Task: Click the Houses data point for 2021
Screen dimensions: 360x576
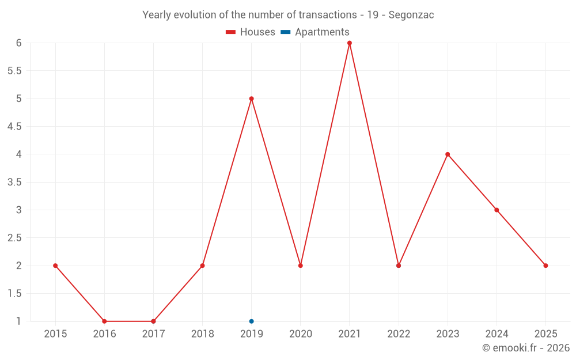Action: tap(350, 43)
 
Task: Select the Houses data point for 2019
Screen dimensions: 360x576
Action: tap(252, 98)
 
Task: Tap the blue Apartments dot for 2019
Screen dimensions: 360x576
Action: tap(252, 321)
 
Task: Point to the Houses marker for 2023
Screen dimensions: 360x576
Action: tap(448, 154)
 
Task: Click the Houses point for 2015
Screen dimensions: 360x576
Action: tap(55, 266)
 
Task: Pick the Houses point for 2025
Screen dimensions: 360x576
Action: tap(545, 266)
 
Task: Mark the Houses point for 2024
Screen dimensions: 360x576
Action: tap(497, 210)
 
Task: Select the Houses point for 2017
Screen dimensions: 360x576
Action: tap(153, 321)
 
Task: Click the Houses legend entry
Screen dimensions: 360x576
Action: tap(251, 32)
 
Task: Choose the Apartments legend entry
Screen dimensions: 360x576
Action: tap(315, 32)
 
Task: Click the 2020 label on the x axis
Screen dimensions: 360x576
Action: tap(301, 334)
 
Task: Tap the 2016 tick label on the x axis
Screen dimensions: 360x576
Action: tap(104, 334)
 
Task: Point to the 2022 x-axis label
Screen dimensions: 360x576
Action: tap(399, 334)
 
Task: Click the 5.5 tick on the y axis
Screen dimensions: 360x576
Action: tap(14, 71)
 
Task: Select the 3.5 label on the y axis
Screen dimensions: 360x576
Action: tap(14, 182)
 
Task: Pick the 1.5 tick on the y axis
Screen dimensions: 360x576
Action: tap(14, 294)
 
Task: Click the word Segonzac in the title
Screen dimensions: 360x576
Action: tap(411, 15)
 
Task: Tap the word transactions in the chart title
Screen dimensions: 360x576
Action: tap(327, 15)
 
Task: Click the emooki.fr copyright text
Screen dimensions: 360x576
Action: tap(526, 348)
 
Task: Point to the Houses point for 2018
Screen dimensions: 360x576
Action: tap(202, 266)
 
